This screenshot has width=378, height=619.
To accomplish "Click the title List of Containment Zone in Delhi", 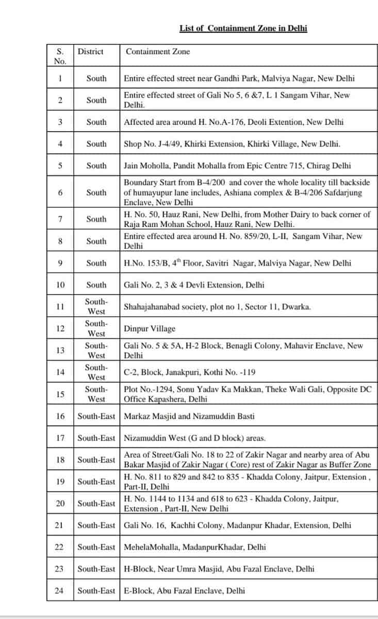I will coord(243,28).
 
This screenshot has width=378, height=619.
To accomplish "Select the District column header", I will coord(90,52).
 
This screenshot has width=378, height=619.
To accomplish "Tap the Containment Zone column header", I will coord(158,52).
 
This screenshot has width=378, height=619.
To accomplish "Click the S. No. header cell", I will coord(60,56).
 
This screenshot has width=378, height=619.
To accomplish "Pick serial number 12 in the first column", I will coord(60,329).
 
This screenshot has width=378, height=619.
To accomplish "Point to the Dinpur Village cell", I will coord(150,329).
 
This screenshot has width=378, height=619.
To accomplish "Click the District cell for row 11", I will coord(96,306).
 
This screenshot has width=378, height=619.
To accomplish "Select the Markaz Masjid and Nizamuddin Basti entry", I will coord(189,416).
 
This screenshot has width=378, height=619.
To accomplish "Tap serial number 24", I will coord(60,591).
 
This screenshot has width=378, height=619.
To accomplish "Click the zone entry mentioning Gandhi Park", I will coord(239,78).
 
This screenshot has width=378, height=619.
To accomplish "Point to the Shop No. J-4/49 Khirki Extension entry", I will coord(232,144).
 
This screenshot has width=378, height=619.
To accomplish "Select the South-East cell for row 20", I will coord(96,503).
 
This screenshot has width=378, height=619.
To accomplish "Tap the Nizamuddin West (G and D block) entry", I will coord(195,438).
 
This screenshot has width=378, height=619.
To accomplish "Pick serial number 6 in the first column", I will coord(60,192).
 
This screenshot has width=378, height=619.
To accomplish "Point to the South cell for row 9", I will coord(96,263).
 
